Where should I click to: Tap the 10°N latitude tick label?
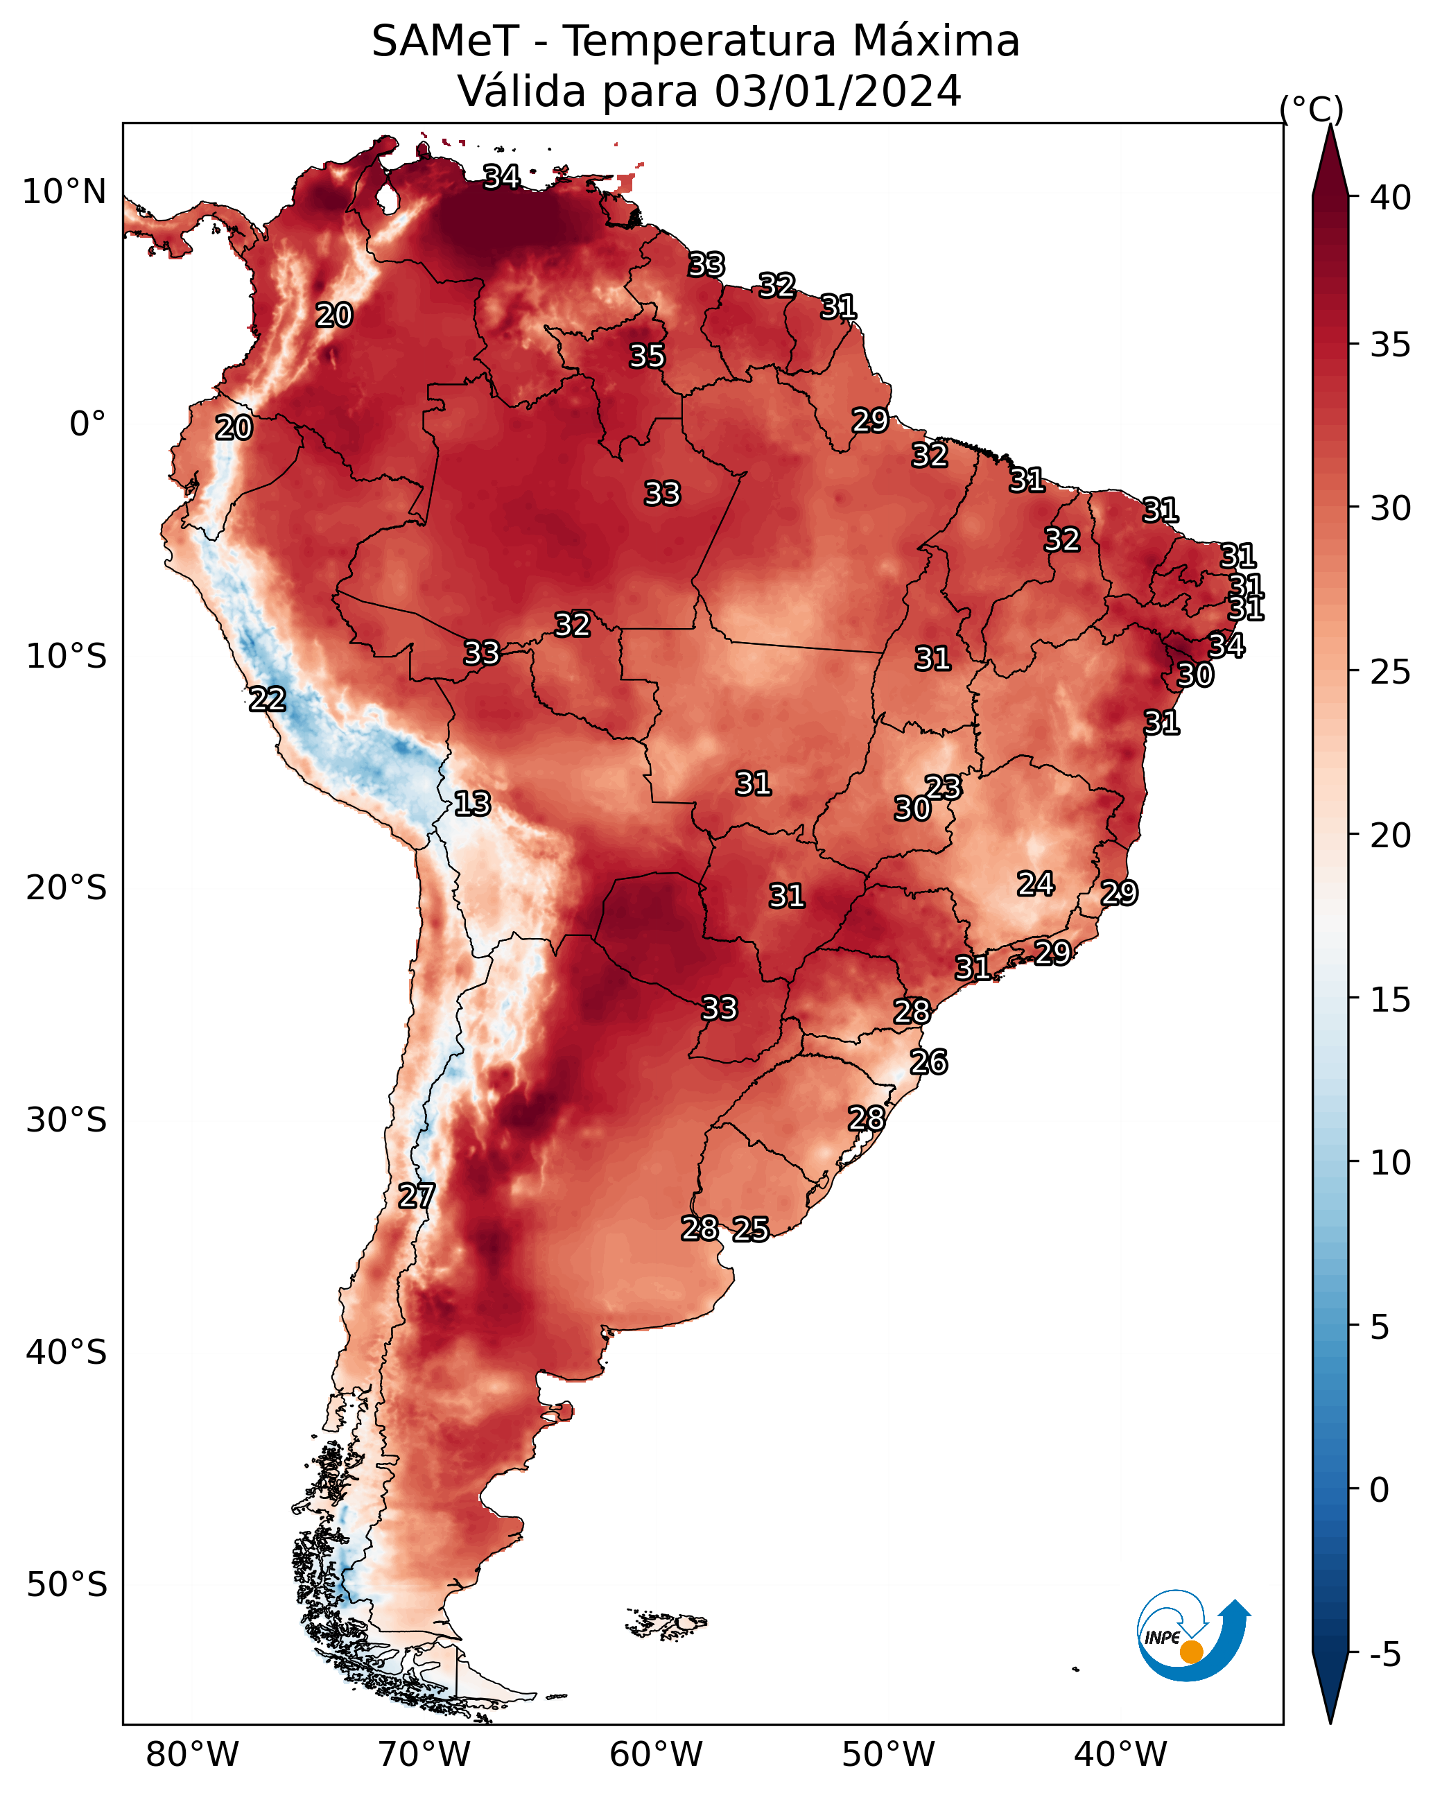click(x=64, y=192)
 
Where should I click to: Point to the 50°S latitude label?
click(x=67, y=1584)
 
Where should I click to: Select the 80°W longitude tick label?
click(x=192, y=1755)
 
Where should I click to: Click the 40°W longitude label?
click(x=1120, y=1755)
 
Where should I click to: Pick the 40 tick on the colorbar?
click(x=1391, y=198)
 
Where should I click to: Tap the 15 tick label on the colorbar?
click(x=1391, y=1000)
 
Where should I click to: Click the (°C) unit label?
click(x=1312, y=109)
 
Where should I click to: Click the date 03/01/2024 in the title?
click(x=837, y=91)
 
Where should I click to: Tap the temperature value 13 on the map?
click(x=472, y=804)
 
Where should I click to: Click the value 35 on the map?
click(x=647, y=356)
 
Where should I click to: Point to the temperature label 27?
click(x=417, y=1196)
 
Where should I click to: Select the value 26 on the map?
click(x=929, y=1062)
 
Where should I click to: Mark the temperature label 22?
click(x=268, y=700)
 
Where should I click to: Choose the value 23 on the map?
click(x=944, y=787)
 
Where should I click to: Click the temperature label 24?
click(x=1036, y=883)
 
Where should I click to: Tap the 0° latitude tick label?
click(x=88, y=424)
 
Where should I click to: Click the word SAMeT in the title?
click(x=446, y=41)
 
